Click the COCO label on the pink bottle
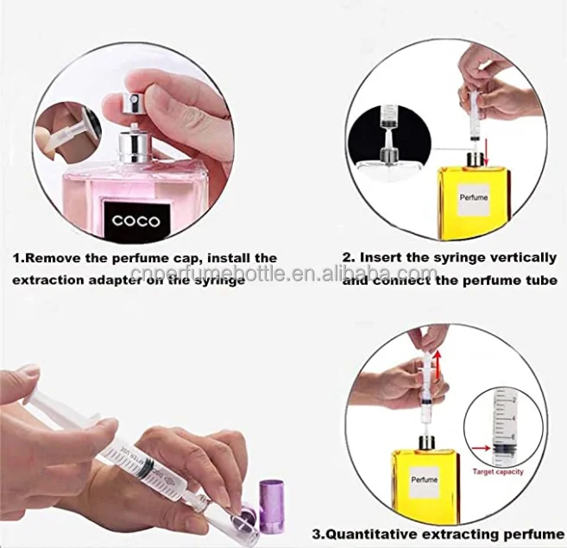tap(135, 220)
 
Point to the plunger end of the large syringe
tap(35, 398)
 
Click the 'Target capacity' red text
tap(500, 473)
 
